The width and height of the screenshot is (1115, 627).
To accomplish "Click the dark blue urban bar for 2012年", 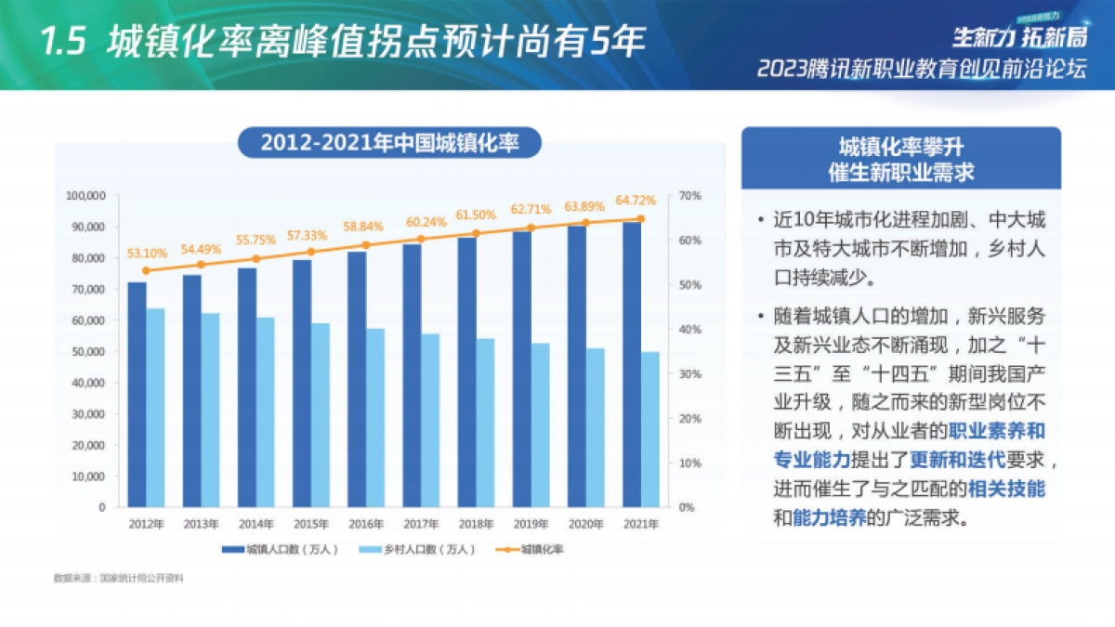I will point(137,394).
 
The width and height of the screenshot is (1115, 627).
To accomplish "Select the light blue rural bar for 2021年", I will point(650,429).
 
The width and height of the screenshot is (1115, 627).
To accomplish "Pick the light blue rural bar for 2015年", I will point(321,415).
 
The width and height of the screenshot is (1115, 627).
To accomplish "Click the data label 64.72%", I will point(636,200).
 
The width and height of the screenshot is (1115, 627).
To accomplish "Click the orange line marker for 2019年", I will point(531,228).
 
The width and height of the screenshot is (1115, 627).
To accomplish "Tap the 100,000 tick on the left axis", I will point(86,196).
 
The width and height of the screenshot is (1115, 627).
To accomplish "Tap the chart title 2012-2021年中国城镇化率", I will point(389,143).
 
